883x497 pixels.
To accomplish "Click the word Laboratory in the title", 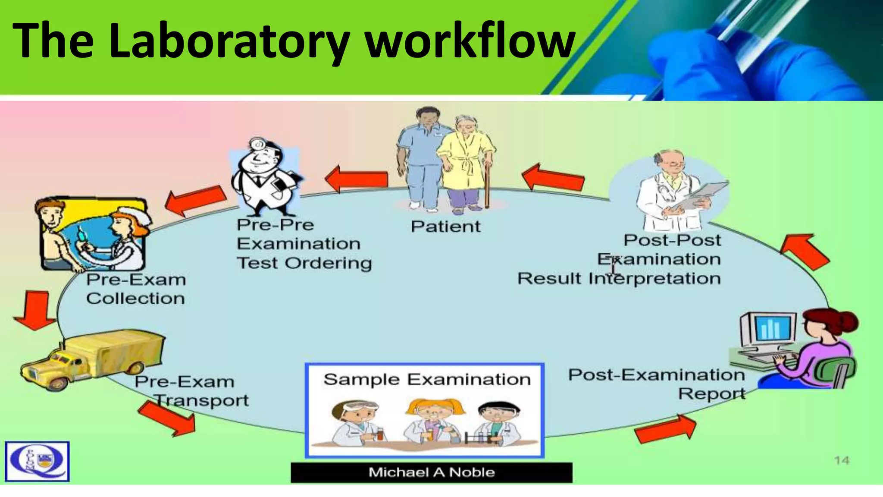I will coord(229,41).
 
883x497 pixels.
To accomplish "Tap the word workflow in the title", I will coord(470,41).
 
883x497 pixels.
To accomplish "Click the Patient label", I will coord(445,226).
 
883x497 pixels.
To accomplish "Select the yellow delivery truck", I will coord(93,358).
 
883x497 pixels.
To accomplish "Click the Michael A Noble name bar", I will coord(431,472).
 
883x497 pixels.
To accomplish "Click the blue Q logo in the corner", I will coord(37,461).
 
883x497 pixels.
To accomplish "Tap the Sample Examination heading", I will coord(427,380).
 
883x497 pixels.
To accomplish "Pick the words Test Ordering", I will coord(304,263).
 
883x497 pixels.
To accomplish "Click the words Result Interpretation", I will coord(619,279).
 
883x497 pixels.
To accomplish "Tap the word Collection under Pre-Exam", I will coord(135,299).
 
